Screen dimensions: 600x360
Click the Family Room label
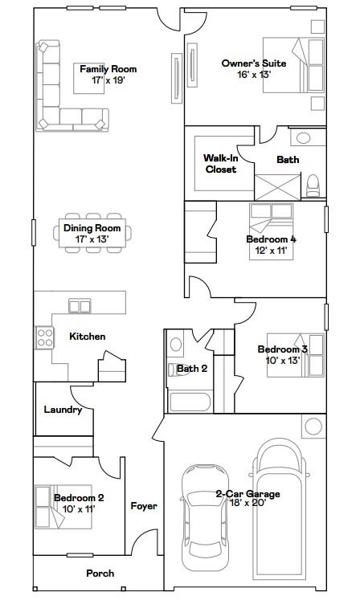(102, 69)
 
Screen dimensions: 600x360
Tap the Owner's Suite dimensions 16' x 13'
(254, 75)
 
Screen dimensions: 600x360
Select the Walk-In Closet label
(221, 164)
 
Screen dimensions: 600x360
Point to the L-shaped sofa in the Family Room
(56, 92)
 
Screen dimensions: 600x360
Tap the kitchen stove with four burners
(43, 337)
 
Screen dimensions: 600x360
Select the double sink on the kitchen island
(80, 305)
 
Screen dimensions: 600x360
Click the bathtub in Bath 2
(190, 402)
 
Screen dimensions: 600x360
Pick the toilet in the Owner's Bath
(313, 185)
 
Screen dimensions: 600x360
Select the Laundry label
(63, 410)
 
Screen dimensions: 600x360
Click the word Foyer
(144, 506)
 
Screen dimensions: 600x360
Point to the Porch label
(100, 573)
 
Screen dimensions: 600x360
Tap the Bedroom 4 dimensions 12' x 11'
(266, 251)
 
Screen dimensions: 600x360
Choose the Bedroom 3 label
(282, 349)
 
